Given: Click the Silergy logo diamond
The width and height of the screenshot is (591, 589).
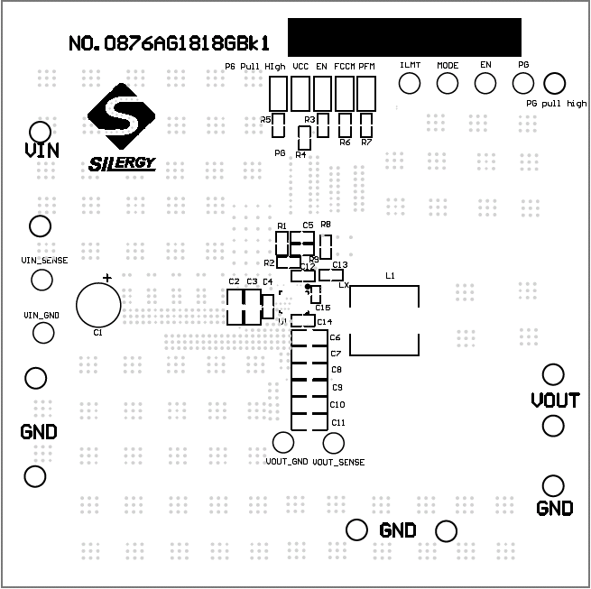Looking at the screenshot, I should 120,115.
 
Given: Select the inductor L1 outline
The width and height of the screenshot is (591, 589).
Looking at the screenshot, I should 383,321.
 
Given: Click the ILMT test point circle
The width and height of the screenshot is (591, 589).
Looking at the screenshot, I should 411,83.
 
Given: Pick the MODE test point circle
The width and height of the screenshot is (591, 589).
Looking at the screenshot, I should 448,83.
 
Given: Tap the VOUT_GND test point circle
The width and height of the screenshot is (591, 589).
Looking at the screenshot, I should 283,443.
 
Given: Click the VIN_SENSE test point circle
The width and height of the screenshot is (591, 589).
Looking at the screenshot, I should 42,280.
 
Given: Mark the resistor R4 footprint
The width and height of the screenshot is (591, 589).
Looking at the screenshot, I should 303,138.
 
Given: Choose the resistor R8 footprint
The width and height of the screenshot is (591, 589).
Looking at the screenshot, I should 326,245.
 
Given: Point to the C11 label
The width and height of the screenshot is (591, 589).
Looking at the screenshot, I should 338,423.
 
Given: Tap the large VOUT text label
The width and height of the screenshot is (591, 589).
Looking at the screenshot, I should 554,400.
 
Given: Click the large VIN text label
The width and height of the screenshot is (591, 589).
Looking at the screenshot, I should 42,151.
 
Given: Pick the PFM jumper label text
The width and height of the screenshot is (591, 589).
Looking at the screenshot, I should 366,67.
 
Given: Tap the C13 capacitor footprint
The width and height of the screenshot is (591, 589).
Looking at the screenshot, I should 332,275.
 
